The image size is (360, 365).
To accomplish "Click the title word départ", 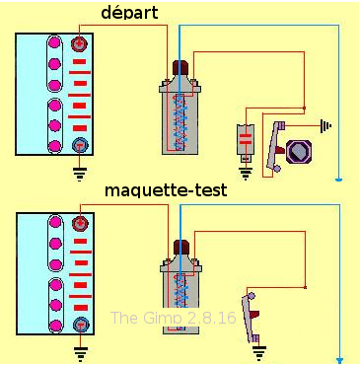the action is click(x=129, y=13).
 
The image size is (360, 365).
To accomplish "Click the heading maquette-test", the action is click(x=166, y=190).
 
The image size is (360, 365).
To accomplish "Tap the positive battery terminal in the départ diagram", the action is click(x=79, y=43).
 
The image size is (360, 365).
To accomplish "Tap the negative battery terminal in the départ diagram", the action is click(x=79, y=145).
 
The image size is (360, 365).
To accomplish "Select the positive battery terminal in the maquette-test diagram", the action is click(x=81, y=223).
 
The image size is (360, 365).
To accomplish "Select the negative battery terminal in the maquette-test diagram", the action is click(x=81, y=325).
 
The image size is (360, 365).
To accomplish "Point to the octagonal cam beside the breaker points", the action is click(x=299, y=152).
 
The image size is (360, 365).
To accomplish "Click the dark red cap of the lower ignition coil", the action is click(x=181, y=248).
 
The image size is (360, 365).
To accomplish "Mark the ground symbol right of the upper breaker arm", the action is click(x=325, y=125).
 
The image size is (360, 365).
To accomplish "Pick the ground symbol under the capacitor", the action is click(x=246, y=174).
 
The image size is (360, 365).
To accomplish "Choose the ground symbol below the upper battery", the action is click(x=80, y=174).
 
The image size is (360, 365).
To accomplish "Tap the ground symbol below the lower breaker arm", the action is click(x=259, y=353).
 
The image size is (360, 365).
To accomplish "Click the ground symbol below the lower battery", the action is click(x=81, y=354).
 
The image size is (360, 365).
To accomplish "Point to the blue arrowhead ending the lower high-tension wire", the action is click(x=340, y=360).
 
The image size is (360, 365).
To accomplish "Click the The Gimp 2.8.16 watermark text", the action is click(x=174, y=318).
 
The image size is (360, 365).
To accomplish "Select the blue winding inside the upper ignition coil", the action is click(x=180, y=122).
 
